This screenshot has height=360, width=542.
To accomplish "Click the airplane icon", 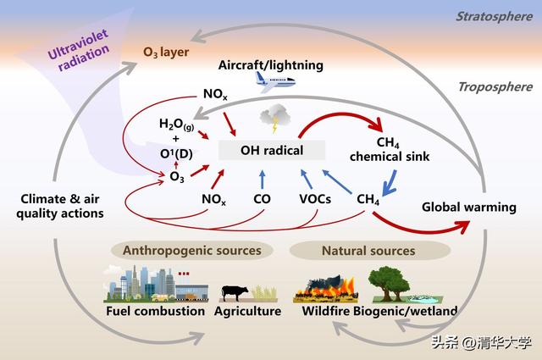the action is [275, 82].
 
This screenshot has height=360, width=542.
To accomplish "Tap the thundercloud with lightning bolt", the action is [274, 119].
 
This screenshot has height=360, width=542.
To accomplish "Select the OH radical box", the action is [272, 150].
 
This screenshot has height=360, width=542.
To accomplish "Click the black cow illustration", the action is [235, 293].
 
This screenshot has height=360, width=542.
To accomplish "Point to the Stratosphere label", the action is [495, 16].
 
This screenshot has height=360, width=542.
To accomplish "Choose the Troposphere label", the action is [495, 86].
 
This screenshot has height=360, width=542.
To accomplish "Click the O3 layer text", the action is [166, 53].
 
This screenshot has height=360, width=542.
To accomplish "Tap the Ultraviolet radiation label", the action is [79, 51].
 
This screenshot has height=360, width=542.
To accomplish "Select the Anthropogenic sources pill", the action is [192, 251].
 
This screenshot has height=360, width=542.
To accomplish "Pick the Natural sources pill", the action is [369, 251].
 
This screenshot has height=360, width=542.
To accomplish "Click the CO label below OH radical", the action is [262, 199].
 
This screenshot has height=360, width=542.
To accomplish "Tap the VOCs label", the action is [315, 199].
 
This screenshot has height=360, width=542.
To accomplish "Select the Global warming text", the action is [469, 208].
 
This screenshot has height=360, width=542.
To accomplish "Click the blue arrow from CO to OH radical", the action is [262, 180].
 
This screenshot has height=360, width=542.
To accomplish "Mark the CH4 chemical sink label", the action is [390, 149].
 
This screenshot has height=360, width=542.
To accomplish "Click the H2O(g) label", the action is [176, 125].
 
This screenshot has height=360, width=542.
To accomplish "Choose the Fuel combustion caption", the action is [155, 311].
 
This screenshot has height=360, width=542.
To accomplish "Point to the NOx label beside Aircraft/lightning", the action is [215, 94].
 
